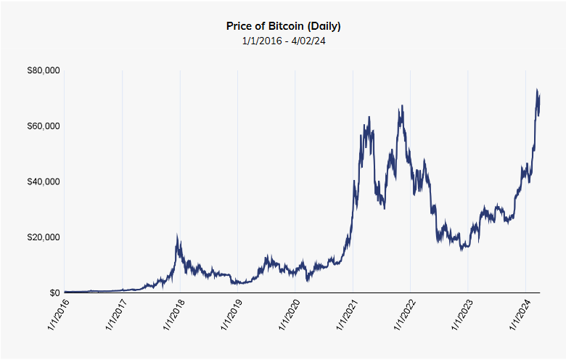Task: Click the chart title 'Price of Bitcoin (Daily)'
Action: pyautogui.click(x=284, y=26)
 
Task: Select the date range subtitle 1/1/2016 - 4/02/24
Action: pyautogui.click(x=284, y=41)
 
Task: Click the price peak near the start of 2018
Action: pyautogui.click(x=178, y=237)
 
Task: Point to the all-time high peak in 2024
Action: pyautogui.click(x=537, y=90)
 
